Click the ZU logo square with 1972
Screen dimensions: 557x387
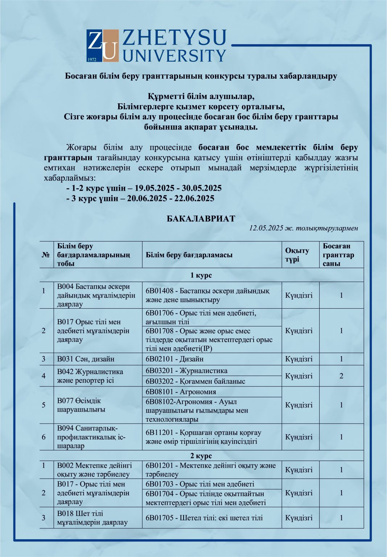pos(103,46)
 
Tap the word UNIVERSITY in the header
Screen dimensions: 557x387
pos(174,55)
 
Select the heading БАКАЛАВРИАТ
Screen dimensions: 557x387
pos(201,219)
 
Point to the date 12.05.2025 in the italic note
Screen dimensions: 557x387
pos(266,228)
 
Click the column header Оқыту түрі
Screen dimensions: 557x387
pos(297,255)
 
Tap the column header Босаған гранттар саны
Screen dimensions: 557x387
pos(338,255)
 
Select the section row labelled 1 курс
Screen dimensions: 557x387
pos(201,275)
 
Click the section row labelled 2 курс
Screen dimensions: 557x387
pos(201,456)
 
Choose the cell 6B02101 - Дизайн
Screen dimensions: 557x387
pos(174,359)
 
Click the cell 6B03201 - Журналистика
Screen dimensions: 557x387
pos(186,371)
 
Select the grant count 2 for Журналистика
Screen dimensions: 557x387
pos(341,376)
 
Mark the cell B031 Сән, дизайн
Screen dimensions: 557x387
pos(86,359)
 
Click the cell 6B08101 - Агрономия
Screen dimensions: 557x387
pos(181,392)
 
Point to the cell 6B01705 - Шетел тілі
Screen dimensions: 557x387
pos(204,518)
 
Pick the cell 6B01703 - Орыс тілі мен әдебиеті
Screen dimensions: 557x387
pos(200,484)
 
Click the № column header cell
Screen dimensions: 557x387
pos(46,255)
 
